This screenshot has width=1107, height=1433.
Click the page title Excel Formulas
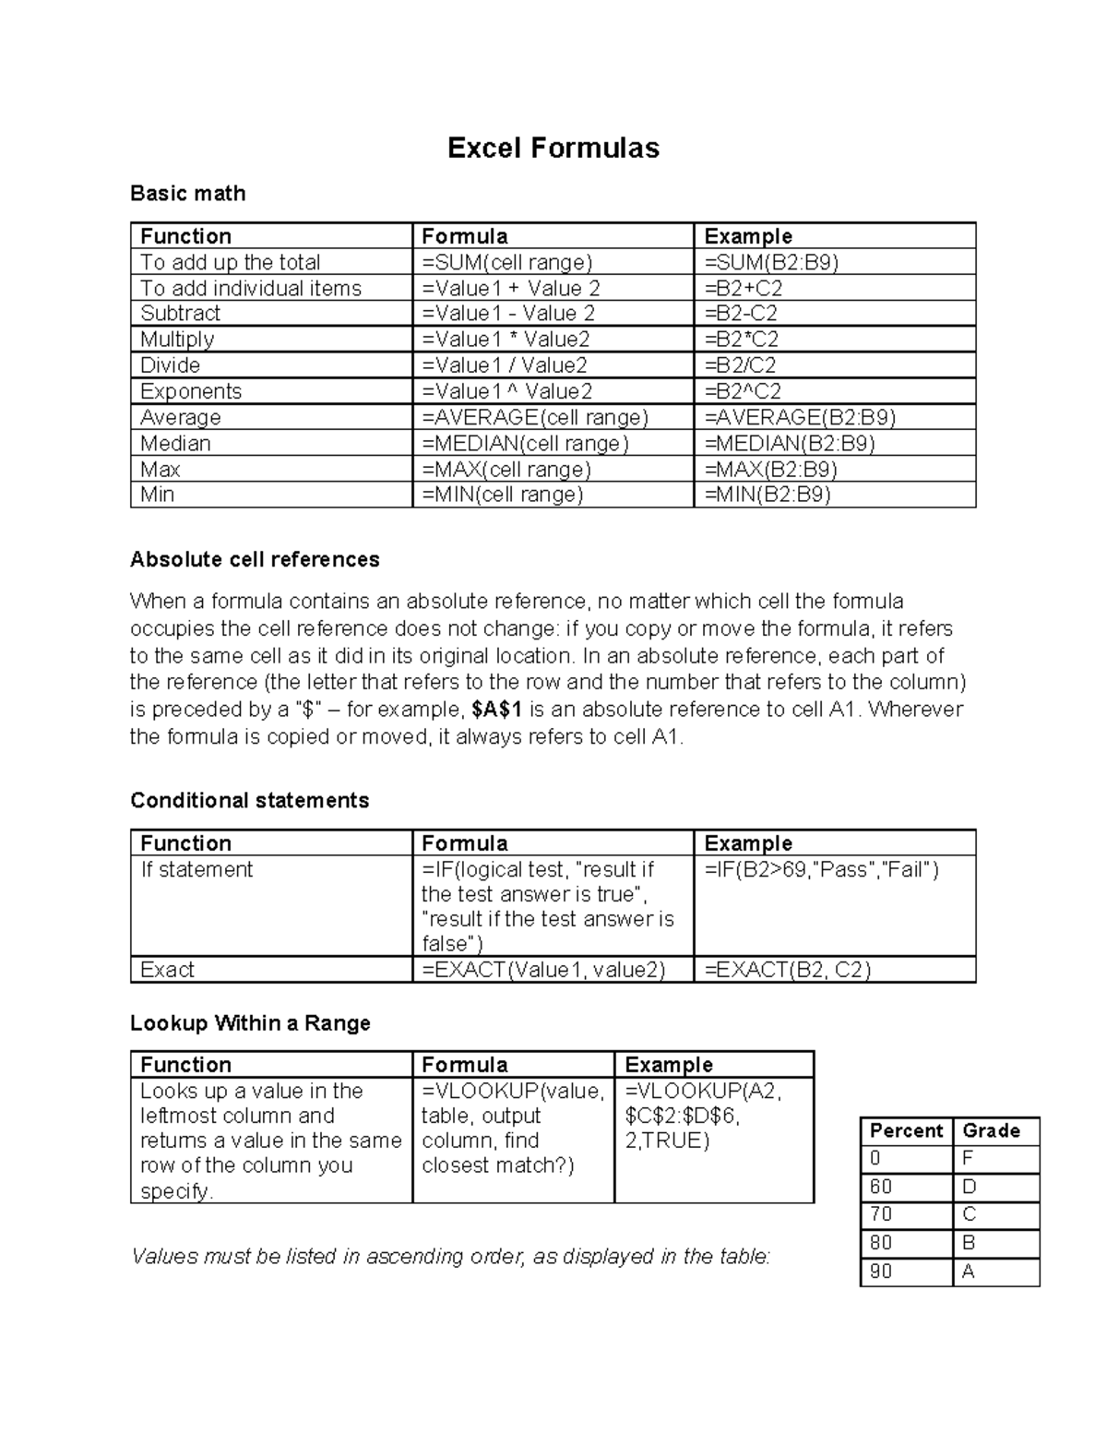553,149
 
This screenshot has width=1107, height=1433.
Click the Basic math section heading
188,194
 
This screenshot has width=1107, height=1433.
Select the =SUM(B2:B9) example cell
771,262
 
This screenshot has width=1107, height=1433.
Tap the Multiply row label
177,340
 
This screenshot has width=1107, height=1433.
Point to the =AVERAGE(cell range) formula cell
535,417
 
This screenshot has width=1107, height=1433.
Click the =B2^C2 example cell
743,391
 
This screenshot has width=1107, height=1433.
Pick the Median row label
175,444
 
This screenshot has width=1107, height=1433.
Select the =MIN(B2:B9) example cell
768,495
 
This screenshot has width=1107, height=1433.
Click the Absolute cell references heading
255,560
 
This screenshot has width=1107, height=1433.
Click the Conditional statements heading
249,801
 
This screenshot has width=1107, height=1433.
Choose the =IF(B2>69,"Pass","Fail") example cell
821,870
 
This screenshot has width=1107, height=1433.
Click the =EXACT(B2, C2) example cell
788,970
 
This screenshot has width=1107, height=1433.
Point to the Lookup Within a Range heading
250,1023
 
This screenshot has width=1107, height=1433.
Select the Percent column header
906,1131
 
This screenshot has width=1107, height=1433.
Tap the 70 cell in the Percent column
881,1215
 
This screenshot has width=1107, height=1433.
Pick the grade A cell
969,1272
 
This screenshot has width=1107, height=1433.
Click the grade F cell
968,1159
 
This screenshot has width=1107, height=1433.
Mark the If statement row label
196,870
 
